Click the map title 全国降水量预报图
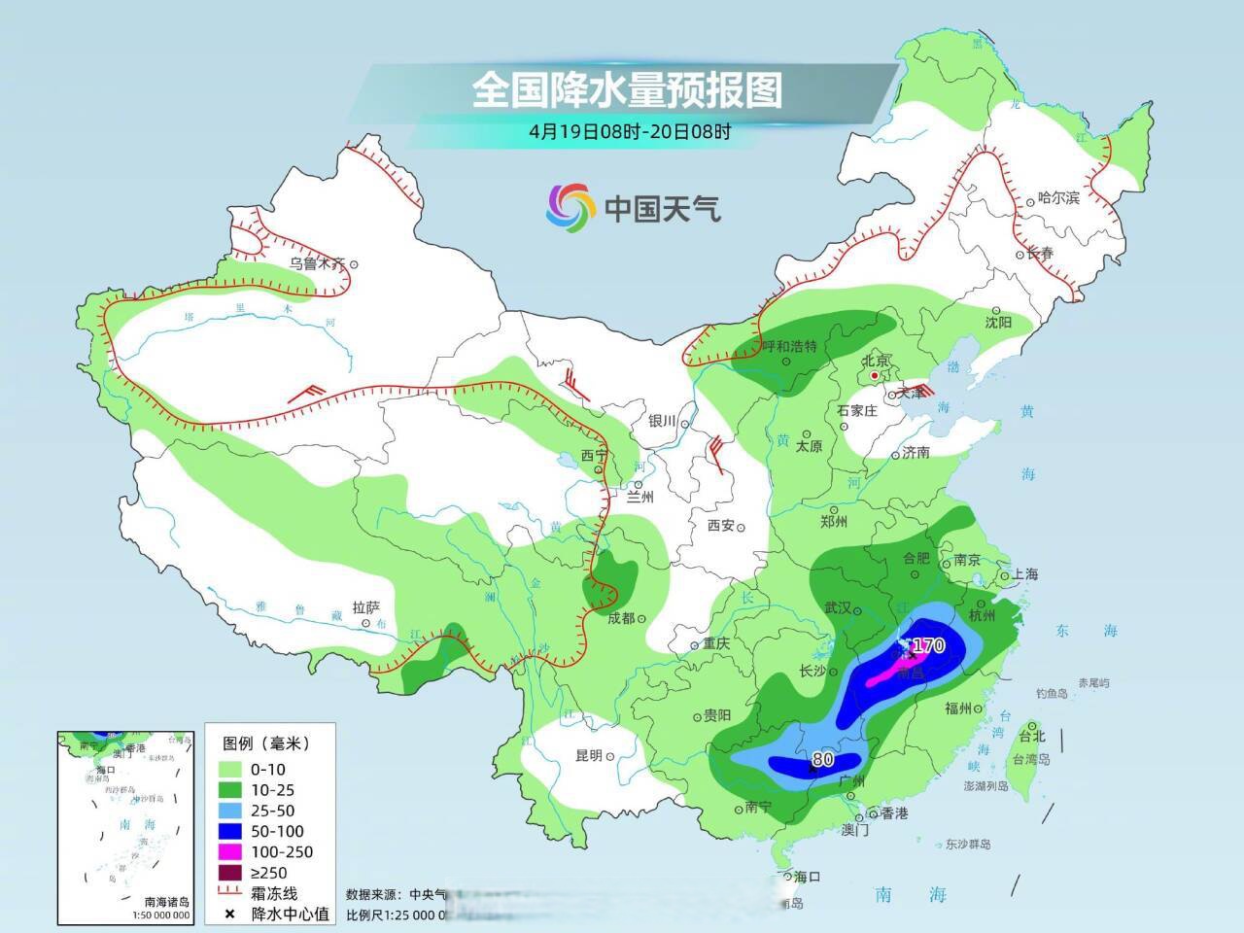(x=627, y=91)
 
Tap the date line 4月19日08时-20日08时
(x=629, y=131)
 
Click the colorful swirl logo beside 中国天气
(x=570, y=207)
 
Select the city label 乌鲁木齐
(x=317, y=263)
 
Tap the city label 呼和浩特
(x=788, y=347)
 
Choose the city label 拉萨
(x=367, y=605)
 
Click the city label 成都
(x=621, y=618)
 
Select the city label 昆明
(x=589, y=755)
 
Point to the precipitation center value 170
(x=929, y=645)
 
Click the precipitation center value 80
(x=822, y=759)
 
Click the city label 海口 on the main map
(x=807, y=877)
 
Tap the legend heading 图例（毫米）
(x=265, y=743)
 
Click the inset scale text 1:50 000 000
(x=161, y=916)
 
